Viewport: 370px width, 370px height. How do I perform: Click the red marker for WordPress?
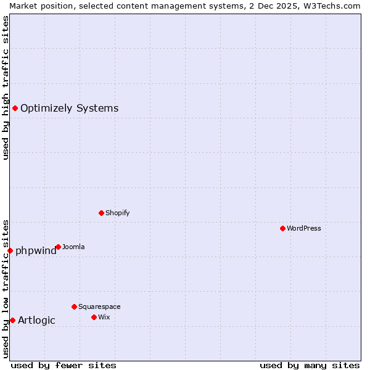pos(283,228)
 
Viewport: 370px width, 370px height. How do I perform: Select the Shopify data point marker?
pos(102,213)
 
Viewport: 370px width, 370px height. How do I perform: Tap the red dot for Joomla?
pos(58,247)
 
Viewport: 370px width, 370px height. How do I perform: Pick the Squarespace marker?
pos(75,306)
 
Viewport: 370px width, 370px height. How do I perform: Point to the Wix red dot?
pos(94,317)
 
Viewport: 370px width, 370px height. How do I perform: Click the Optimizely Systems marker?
pos(15,109)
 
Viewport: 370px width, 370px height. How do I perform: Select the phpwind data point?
pos(10,250)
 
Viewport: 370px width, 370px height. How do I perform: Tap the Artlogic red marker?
pos(13,320)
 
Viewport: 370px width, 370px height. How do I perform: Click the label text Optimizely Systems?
pos(69,109)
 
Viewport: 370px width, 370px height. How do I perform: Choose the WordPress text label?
pos(304,228)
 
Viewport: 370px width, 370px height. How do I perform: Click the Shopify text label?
pos(117,213)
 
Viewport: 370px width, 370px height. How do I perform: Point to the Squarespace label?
pos(99,306)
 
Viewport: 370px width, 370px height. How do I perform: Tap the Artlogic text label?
pos(36,320)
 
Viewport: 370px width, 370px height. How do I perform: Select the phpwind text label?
pos(36,251)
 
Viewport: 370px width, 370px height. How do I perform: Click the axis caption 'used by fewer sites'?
pos(64,365)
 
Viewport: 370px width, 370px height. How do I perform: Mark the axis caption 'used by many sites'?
pos(310,365)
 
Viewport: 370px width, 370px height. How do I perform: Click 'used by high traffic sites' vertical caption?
pos(6,88)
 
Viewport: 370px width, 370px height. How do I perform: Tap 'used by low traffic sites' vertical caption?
pos(6,289)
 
